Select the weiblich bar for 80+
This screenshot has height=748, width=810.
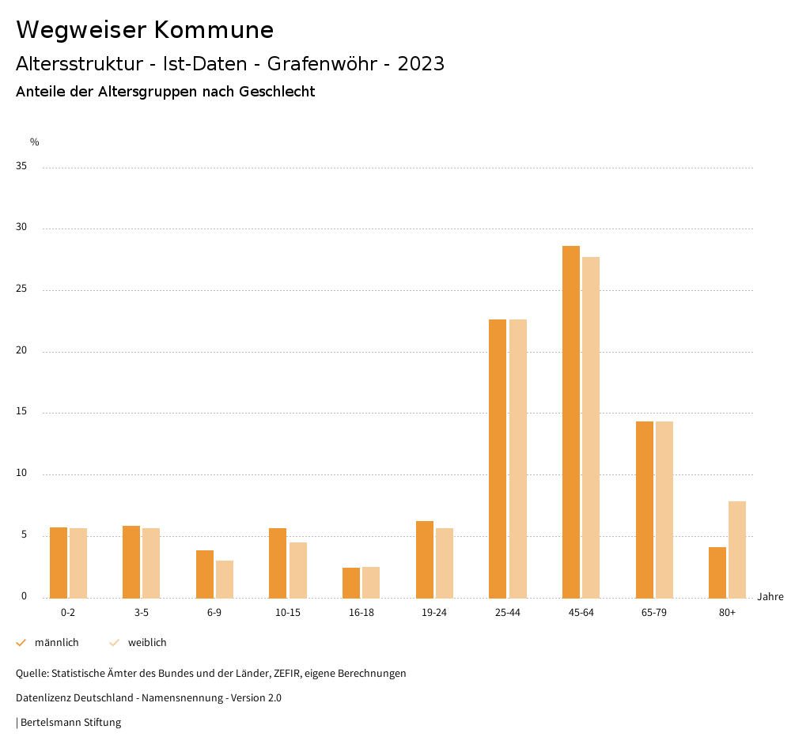(x=737, y=550)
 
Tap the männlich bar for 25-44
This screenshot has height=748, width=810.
(x=498, y=459)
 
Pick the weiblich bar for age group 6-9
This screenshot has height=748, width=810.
(x=225, y=579)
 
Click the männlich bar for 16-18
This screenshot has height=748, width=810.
(x=351, y=583)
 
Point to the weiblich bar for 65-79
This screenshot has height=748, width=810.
(x=664, y=509)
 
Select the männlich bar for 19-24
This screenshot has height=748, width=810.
(x=425, y=559)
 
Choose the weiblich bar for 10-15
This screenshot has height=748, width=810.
(x=298, y=570)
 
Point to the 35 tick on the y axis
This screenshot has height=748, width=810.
(x=21, y=167)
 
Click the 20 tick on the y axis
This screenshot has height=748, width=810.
(x=21, y=351)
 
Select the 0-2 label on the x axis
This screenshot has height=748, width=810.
(x=68, y=613)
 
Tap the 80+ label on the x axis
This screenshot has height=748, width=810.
(x=728, y=613)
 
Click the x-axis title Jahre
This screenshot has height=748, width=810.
(x=770, y=597)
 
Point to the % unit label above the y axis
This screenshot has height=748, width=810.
(x=35, y=142)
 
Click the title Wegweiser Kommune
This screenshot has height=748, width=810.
(x=145, y=30)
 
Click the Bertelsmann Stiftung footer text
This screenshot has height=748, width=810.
(x=70, y=722)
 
